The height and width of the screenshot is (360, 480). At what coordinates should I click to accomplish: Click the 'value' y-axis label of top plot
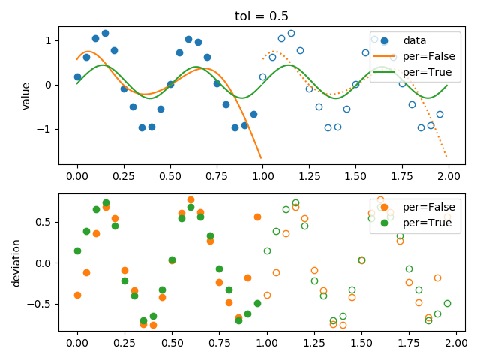pyautogui.click(x=26, y=95)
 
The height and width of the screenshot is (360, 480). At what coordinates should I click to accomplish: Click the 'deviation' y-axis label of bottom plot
pyautogui.click(x=16, y=262)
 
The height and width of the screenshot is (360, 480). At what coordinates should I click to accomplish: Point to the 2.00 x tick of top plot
pyautogui.click(x=448, y=175)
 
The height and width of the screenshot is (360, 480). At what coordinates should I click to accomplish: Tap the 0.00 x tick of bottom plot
pyautogui.click(x=77, y=341)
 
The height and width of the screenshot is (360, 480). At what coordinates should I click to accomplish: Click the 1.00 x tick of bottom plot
pyautogui.click(x=262, y=341)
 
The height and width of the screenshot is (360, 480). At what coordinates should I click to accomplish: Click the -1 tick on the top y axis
pyautogui.click(x=47, y=129)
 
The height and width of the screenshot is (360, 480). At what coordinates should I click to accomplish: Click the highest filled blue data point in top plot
pyautogui.click(x=105, y=34)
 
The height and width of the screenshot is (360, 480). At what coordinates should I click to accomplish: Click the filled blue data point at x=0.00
pyautogui.click(x=77, y=76)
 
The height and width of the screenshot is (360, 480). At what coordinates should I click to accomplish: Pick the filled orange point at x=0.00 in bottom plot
pyautogui.click(x=77, y=295)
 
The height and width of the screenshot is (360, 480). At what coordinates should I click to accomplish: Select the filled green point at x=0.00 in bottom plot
pyautogui.click(x=77, y=250)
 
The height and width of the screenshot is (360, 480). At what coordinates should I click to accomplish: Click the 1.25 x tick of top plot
pyautogui.click(x=309, y=175)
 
